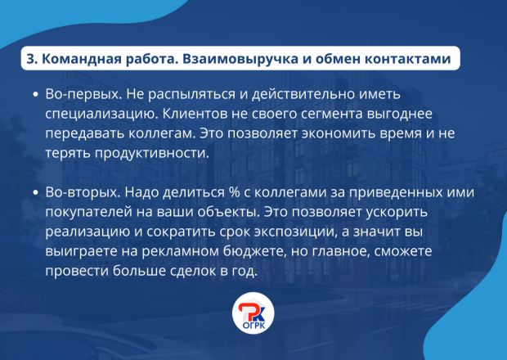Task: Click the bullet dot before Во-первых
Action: (x=35, y=95)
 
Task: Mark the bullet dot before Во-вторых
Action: (x=35, y=193)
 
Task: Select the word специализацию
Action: (x=100, y=115)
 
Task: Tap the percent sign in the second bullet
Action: (x=235, y=192)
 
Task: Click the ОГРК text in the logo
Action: (x=253, y=326)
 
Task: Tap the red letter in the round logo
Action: (x=247, y=311)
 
